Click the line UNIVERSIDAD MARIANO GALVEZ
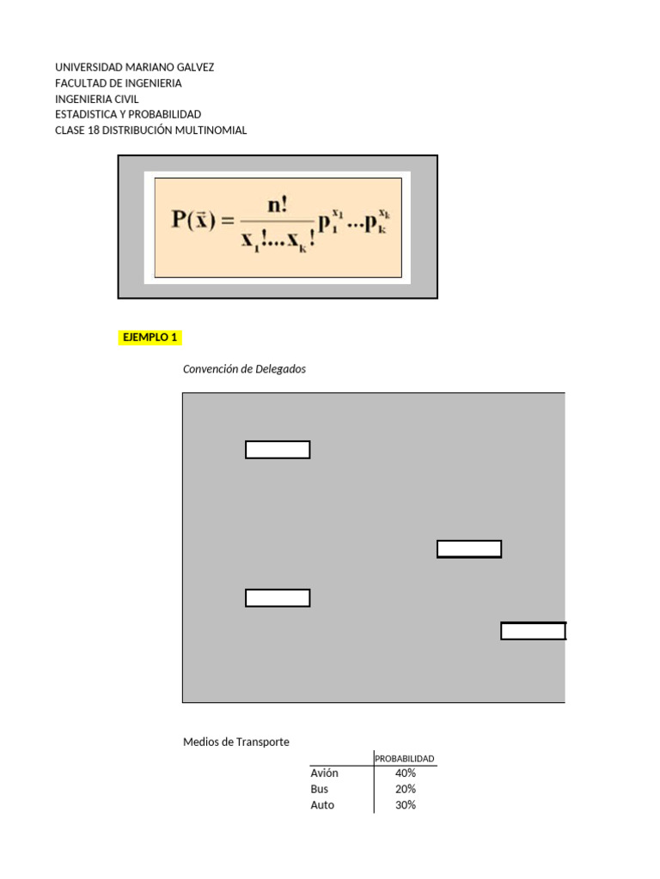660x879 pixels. [x=134, y=67]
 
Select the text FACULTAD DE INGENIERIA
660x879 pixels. [x=118, y=83]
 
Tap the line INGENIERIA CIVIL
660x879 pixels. [x=96, y=99]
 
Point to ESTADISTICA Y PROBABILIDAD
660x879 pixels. [x=128, y=114]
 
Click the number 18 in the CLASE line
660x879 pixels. [x=95, y=130]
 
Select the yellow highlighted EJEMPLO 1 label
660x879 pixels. [x=150, y=337]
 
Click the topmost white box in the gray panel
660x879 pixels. [x=278, y=450]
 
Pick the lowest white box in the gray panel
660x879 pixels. [x=533, y=631]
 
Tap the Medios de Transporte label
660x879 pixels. [x=236, y=742]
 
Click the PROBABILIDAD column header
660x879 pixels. [x=405, y=758]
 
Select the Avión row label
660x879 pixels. [x=324, y=773]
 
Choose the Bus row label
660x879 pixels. [x=319, y=789]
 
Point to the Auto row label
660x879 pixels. [x=322, y=805]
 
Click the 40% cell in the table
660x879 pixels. [x=406, y=773]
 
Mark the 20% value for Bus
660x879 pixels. [x=406, y=789]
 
